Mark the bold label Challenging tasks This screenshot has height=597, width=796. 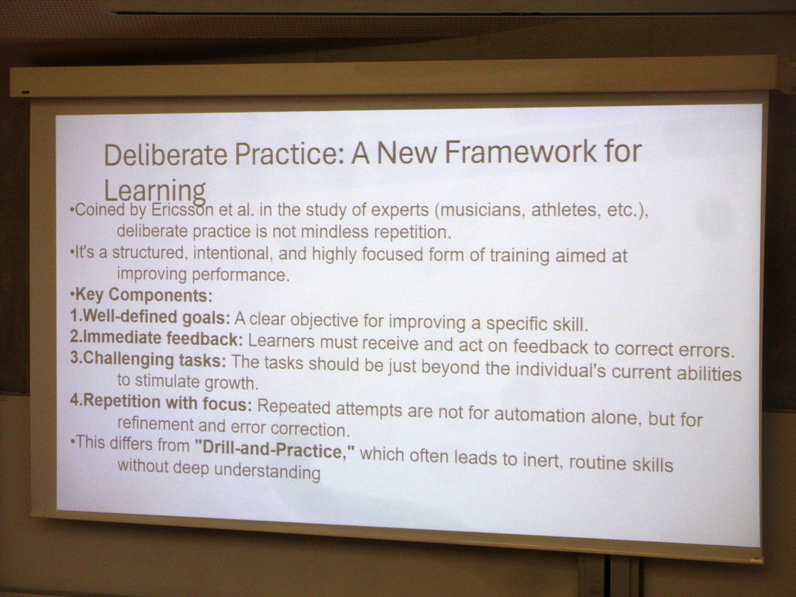(x=155, y=359)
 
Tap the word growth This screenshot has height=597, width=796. (x=231, y=383)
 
